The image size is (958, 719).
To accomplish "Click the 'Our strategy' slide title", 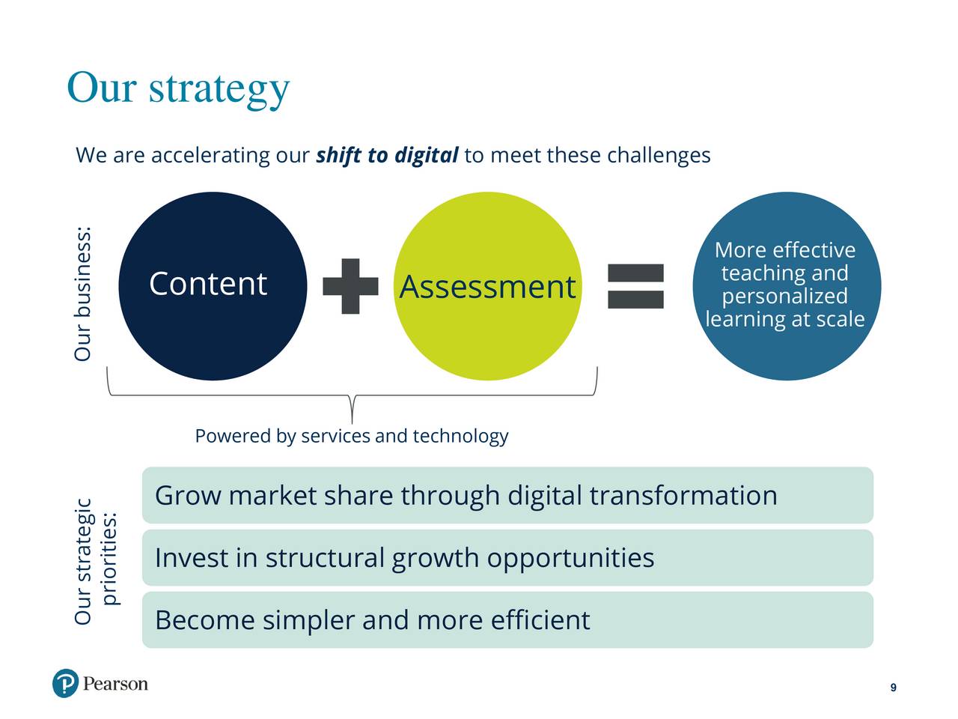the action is [x=178, y=89].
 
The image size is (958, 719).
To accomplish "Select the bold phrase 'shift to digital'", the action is [x=387, y=156].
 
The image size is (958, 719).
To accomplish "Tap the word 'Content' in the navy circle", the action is [x=208, y=284].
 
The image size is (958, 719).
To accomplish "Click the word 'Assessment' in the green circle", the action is [x=487, y=287].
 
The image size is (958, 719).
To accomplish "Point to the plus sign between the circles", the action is [x=350, y=286].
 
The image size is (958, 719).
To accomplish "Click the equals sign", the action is [x=635, y=286].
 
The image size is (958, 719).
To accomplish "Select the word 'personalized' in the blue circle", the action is [x=784, y=297].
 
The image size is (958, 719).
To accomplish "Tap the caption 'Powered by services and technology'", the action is [x=351, y=436].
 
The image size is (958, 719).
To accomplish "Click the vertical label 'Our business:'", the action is [x=82, y=294].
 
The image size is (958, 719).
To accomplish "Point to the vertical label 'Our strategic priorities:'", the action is [x=96, y=562].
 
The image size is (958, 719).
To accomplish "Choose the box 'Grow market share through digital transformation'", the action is [x=507, y=495].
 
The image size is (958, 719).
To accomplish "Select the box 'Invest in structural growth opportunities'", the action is [x=507, y=557].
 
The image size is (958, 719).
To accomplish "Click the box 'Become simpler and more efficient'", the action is [x=507, y=620].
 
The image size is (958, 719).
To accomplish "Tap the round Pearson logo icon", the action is [x=65, y=683].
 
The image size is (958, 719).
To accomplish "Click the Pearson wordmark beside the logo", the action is [x=115, y=684].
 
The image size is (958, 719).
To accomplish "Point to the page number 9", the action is [x=894, y=688].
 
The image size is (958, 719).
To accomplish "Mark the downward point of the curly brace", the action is [x=352, y=423].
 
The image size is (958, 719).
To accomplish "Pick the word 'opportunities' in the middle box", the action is [x=570, y=559].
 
